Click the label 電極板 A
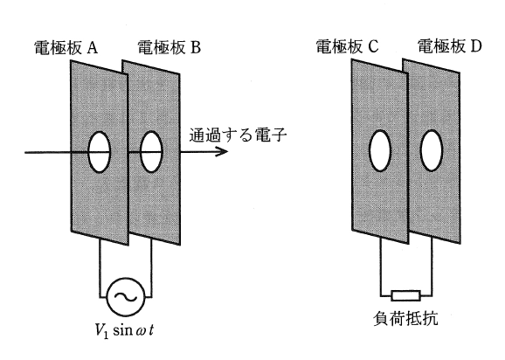[x=66, y=48]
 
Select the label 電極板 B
[x=169, y=47]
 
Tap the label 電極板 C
[x=347, y=46]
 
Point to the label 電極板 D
[x=449, y=45]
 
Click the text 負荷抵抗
[x=405, y=318]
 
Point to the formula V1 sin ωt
[x=124, y=330]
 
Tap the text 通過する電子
[x=238, y=135]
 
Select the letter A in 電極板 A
[x=92, y=48]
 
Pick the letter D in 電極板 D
[x=475, y=46]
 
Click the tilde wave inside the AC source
[x=126, y=297]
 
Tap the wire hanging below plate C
[x=381, y=267]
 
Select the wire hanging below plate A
[x=100, y=268]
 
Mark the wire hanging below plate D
[x=432, y=267]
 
